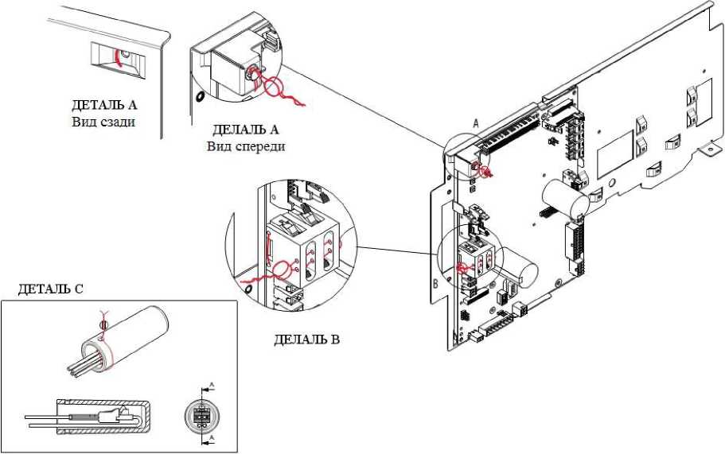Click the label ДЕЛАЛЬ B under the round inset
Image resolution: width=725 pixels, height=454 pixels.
click(306, 340)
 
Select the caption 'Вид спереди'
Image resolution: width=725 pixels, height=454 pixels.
click(246, 146)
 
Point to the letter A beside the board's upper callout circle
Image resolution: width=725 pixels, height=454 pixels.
click(476, 123)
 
